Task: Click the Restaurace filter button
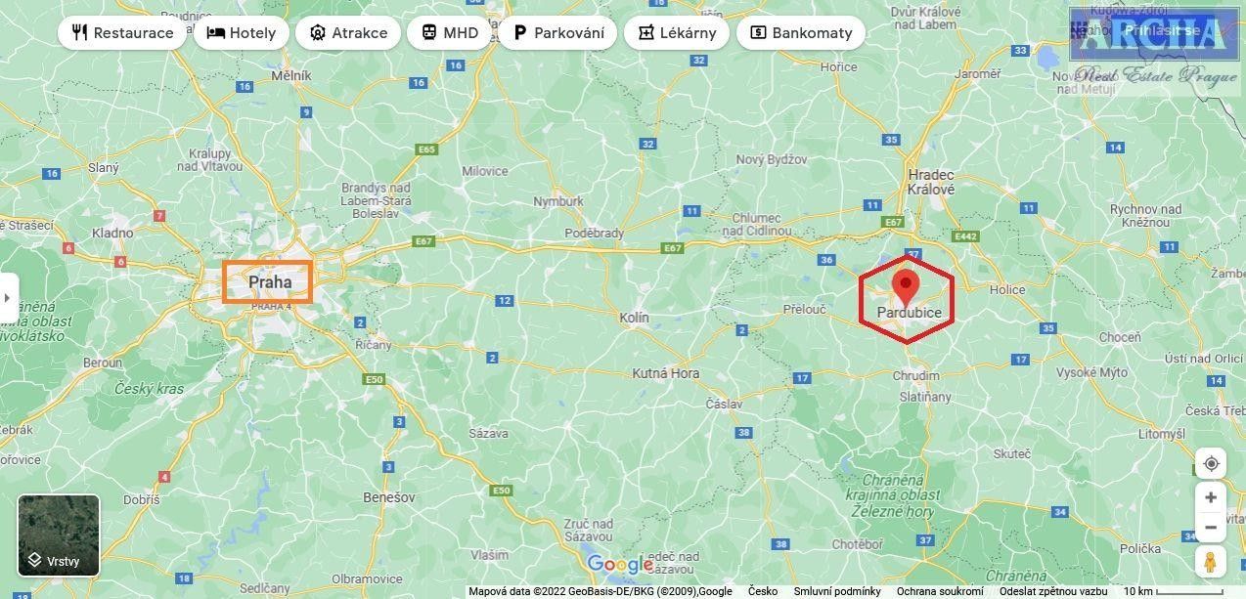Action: click(122, 32)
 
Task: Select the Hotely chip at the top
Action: click(241, 32)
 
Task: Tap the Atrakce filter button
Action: click(348, 32)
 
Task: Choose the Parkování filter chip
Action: click(557, 32)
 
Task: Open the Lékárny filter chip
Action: click(676, 32)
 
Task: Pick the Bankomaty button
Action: click(800, 32)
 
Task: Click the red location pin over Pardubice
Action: click(906, 286)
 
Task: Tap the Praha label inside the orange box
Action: click(269, 282)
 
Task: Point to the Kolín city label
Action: click(634, 318)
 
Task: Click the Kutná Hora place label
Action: click(665, 373)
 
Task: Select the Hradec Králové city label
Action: click(930, 183)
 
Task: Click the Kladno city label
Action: click(112, 233)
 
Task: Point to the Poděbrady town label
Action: click(595, 234)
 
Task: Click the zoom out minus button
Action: click(1211, 528)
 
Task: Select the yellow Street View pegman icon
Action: click(1211, 562)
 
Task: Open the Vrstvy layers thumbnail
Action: click(59, 535)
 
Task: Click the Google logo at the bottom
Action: click(619, 565)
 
